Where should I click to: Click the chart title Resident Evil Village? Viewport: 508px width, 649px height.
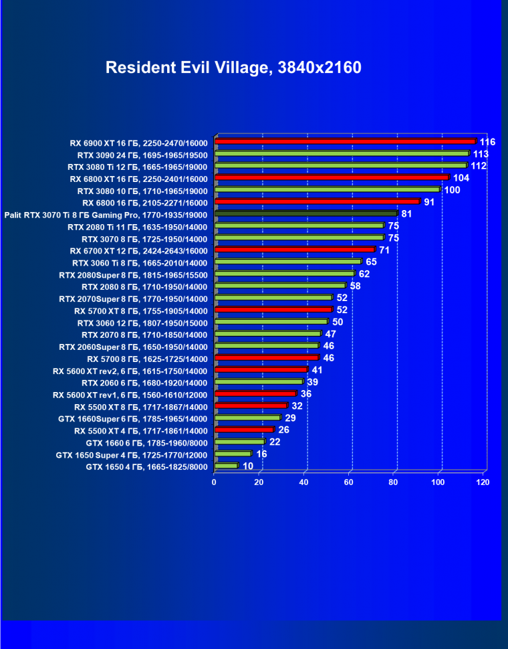233,68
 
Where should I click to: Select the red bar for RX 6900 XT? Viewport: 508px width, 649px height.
345,141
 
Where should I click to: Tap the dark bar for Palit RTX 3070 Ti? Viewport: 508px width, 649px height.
306,213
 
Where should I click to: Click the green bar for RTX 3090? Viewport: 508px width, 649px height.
342,153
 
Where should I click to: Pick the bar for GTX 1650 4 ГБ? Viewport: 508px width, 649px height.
226,466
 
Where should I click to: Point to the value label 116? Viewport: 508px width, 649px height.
487,142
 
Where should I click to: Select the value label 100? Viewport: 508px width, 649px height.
452,190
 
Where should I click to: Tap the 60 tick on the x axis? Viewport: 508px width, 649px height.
349,482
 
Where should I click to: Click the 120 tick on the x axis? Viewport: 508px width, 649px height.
483,482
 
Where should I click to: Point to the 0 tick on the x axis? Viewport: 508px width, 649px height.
214,482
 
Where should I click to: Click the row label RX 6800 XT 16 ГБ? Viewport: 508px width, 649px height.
138,179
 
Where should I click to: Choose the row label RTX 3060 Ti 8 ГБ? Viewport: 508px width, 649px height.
140,263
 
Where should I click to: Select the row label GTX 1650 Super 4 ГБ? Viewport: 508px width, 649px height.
132,455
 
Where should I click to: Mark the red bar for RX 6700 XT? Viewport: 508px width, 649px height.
295,250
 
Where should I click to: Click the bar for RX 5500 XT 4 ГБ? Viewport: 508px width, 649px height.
244,430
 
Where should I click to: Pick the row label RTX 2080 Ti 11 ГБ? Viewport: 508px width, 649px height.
138,227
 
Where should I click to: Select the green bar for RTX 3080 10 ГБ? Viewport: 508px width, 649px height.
327,189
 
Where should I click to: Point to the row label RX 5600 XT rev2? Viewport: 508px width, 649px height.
130,371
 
